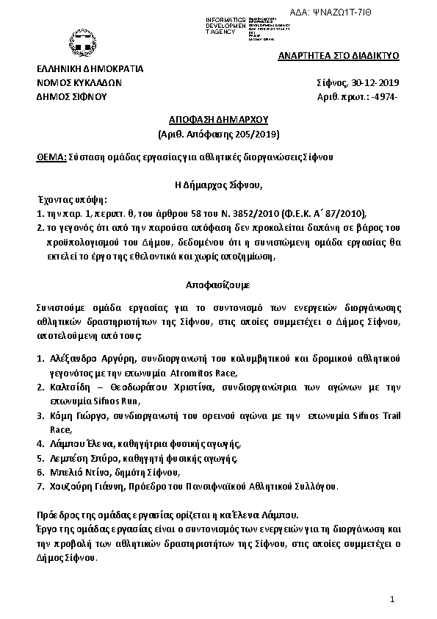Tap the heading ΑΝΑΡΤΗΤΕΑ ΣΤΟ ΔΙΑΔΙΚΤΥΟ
click(x=337, y=56)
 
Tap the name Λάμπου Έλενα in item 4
click(x=82, y=444)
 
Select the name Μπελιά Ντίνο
click(x=79, y=472)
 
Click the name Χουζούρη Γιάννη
click(x=86, y=486)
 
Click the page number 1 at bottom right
click(x=393, y=601)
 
